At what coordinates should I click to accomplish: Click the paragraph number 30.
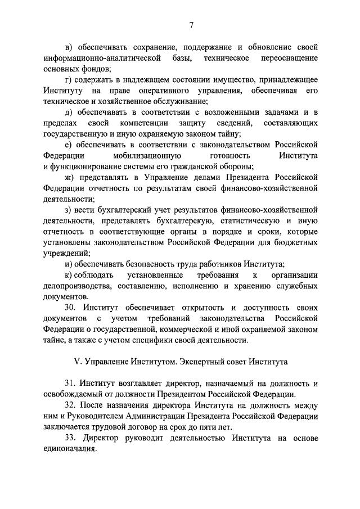[70, 308]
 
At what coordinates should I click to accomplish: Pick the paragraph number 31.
[70, 384]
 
